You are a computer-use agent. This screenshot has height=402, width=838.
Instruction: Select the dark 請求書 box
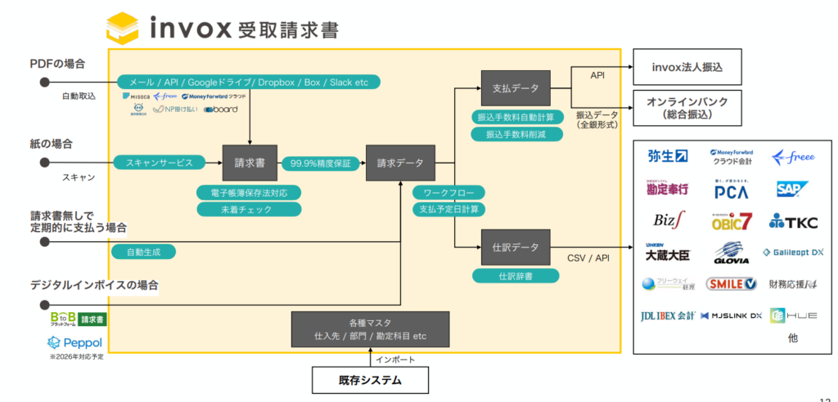250,163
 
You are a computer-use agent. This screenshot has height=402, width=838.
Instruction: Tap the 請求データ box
400,163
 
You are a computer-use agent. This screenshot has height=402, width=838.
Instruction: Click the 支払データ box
514,87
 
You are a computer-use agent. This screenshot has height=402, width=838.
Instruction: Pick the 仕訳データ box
514,246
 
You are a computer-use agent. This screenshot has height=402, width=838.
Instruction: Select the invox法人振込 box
687,67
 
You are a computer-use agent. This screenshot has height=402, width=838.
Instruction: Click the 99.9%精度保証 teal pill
321,163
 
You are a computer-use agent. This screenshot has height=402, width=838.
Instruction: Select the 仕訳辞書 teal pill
516,276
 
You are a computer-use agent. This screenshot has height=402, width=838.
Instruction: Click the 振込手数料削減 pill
515,134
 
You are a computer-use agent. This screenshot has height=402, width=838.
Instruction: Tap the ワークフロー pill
448,193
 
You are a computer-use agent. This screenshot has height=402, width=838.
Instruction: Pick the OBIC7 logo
731,221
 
